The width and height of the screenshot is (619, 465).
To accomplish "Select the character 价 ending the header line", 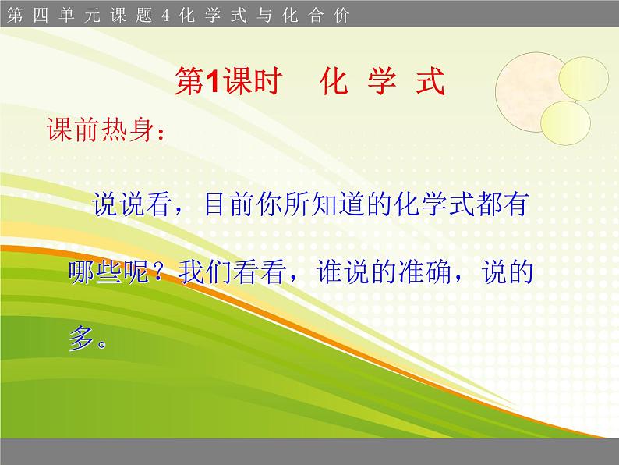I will pyautogui.click(x=342, y=14).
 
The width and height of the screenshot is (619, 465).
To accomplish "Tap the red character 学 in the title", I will pyautogui.click(x=382, y=81).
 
